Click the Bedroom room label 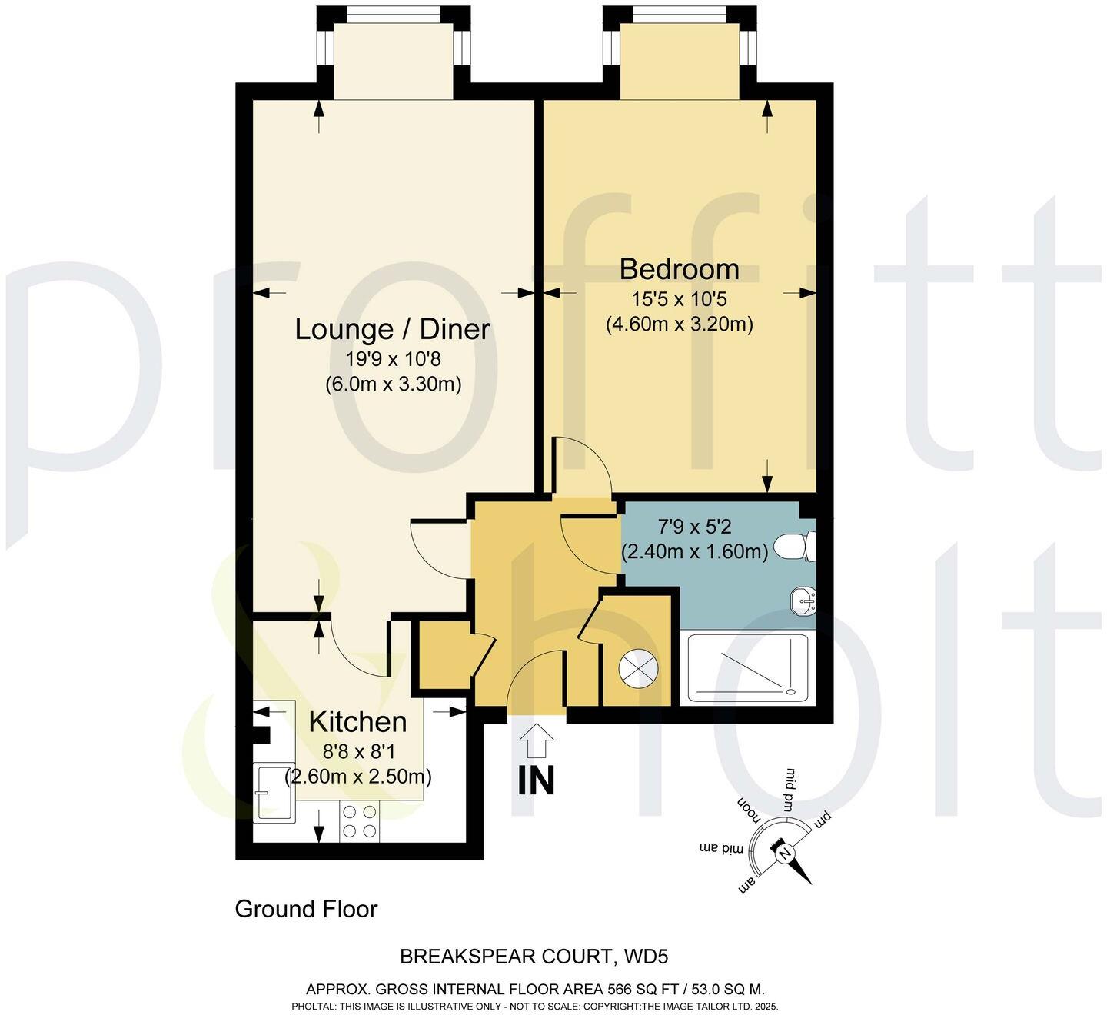(x=680, y=270)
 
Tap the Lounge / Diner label (x=393, y=330)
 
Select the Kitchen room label (x=357, y=722)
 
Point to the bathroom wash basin (x=804, y=599)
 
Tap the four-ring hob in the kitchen (x=360, y=821)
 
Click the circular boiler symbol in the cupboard (x=639, y=667)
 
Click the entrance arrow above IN (x=536, y=742)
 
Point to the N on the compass (x=784, y=854)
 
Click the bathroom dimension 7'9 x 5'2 (x=694, y=527)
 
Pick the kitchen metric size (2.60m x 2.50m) (x=358, y=777)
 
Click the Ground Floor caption (x=306, y=909)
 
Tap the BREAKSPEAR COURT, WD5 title (x=534, y=957)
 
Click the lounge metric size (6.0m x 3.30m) (x=393, y=383)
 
